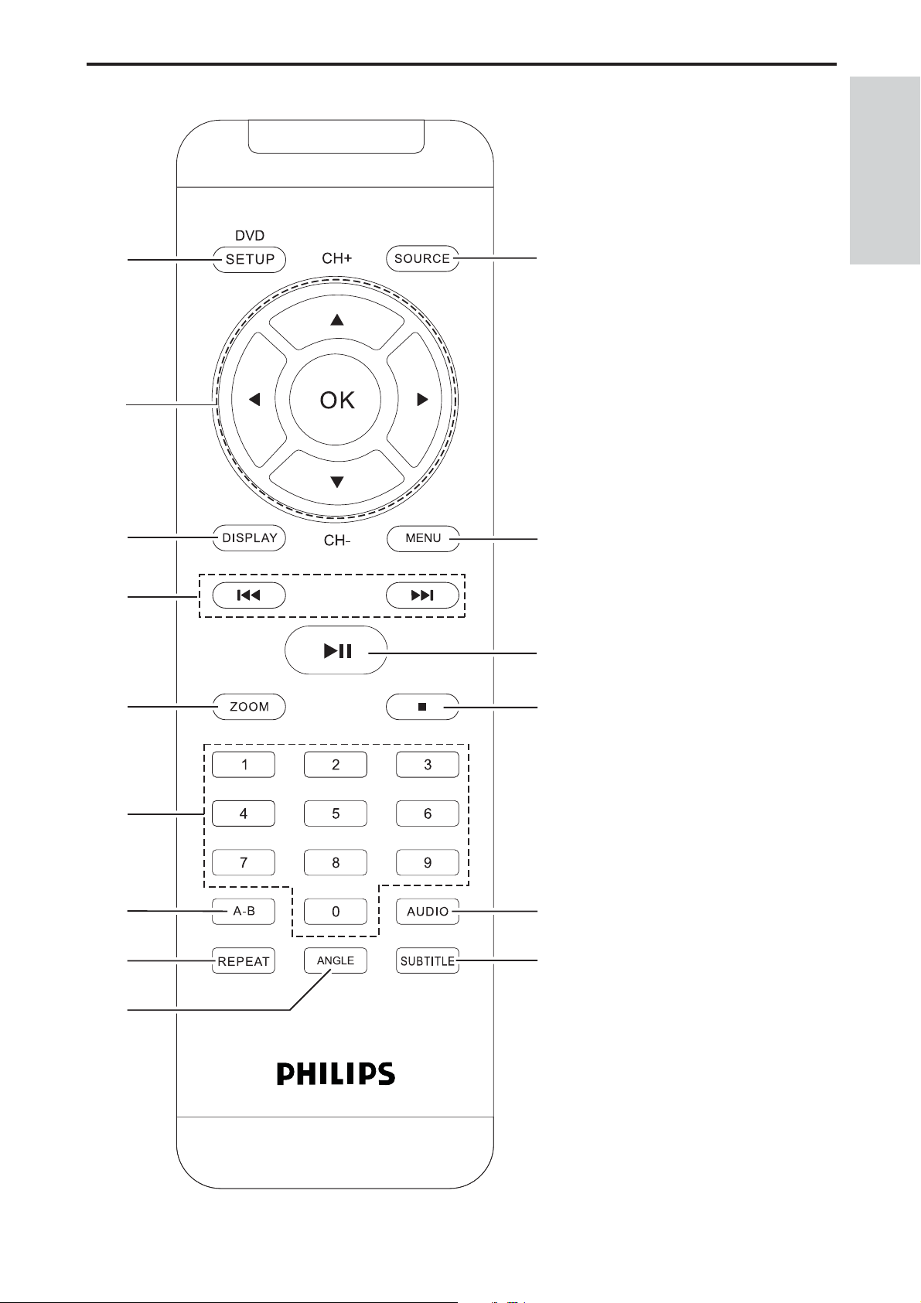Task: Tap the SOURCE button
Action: [x=422, y=258]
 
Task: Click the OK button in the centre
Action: [x=335, y=400]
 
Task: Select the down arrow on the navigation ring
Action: [x=337, y=478]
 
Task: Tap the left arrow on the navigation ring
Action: [x=259, y=400]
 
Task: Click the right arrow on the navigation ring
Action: [x=414, y=400]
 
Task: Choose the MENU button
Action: [x=423, y=538]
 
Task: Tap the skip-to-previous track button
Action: [x=249, y=595]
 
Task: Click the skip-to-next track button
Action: [x=422, y=595]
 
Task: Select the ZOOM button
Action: [x=249, y=707]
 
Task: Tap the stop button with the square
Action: [x=422, y=707]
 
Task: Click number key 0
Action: [x=336, y=912]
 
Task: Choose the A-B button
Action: [x=243, y=911]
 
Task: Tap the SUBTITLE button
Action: [x=428, y=961]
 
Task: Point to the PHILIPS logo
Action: [x=336, y=1074]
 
